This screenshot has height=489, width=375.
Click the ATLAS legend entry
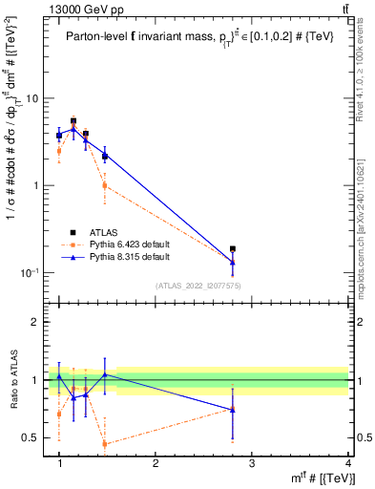(102, 232)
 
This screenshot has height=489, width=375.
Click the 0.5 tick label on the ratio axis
(32, 437)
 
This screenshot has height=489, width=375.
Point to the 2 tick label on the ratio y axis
(37, 322)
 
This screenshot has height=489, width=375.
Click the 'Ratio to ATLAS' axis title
(12, 379)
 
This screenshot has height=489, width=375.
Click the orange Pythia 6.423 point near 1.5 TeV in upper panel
(104, 185)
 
